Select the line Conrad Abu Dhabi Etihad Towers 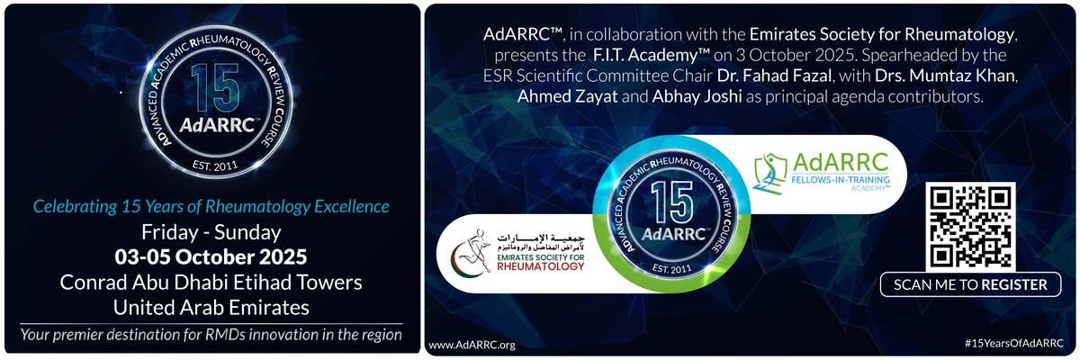pos(211,283)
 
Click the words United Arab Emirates pos(211,307)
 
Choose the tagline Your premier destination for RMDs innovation pos(211,336)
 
